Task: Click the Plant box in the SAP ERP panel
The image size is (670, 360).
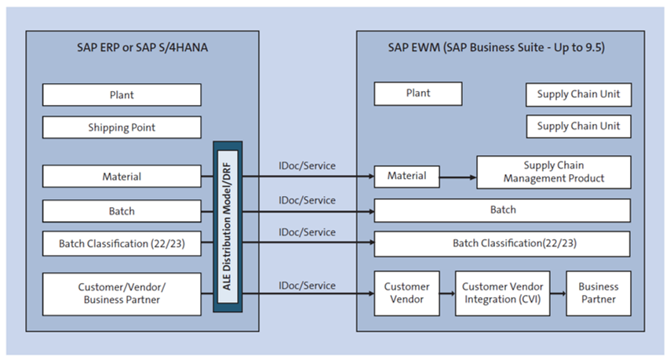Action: click(x=122, y=95)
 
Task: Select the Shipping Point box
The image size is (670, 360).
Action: click(x=122, y=127)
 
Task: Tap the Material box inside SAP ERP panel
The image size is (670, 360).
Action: click(x=122, y=176)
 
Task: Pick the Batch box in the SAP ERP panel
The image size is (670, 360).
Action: click(x=122, y=211)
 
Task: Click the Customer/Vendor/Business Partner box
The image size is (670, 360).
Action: click(x=122, y=293)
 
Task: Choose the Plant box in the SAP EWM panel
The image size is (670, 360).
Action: click(x=417, y=93)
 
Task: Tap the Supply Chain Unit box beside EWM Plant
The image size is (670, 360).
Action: click(x=577, y=94)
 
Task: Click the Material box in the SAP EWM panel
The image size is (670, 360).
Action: click(x=406, y=176)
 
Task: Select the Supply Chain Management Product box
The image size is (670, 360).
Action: click(x=553, y=172)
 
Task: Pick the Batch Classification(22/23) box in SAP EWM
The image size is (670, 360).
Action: click(x=502, y=244)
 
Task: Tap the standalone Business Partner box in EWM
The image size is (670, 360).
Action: click(x=598, y=293)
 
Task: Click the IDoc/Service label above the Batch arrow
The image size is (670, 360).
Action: click(x=307, y=200)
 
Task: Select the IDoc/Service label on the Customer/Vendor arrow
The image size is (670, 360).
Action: click(x=307, y=285)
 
